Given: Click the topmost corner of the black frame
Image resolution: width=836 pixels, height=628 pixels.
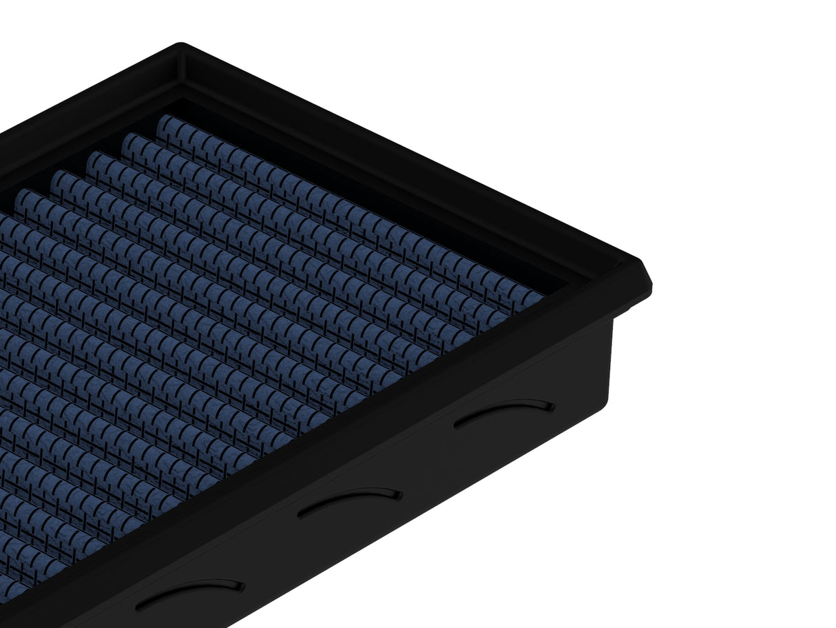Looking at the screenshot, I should pyautogui.click(x=180, y=46).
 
